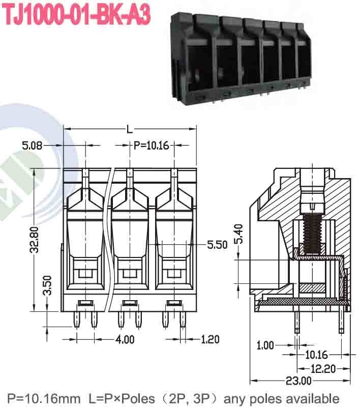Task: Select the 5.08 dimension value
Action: pos(33,146)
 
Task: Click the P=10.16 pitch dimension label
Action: pos(151,146)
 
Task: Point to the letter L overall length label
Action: pos(130,130)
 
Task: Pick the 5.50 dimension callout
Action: pos(217,245)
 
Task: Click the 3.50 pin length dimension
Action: pos(47,285)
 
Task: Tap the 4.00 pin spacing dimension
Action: pos(124,339)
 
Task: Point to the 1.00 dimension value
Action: pos(265,345)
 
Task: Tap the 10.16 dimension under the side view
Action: pos(316,355)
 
